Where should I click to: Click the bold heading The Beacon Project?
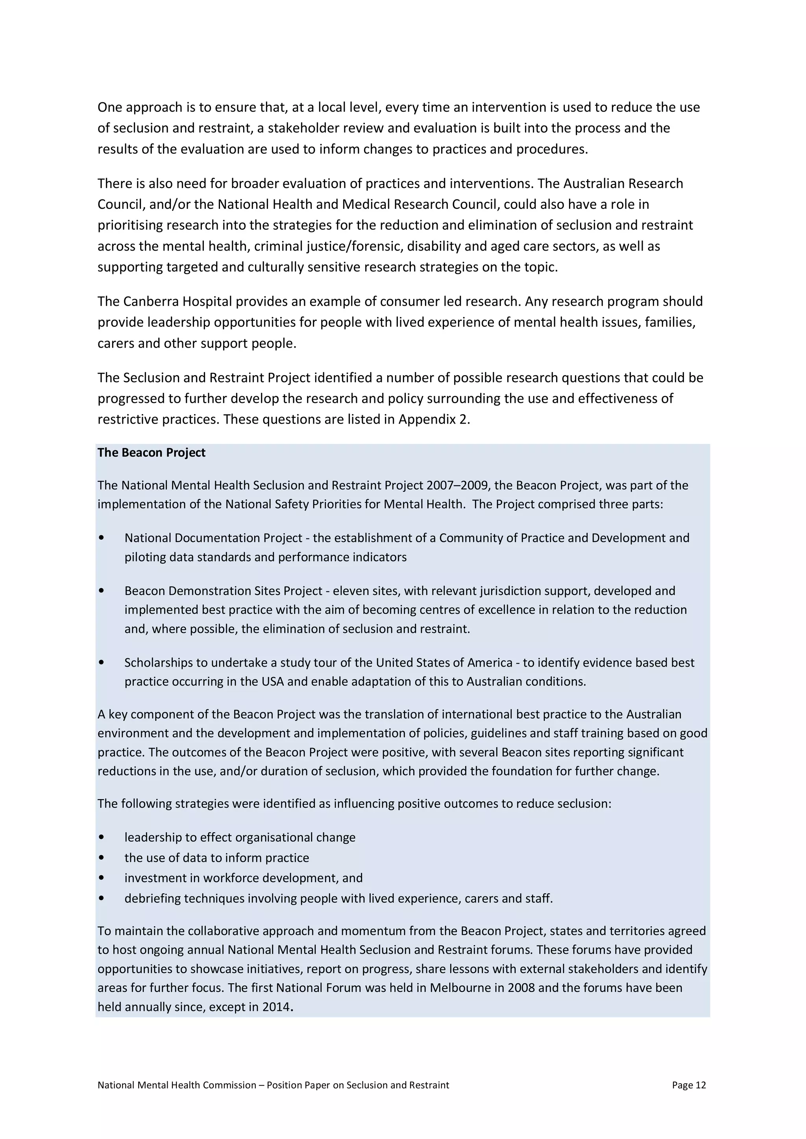[152, 452]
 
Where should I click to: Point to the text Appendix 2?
[434, 419]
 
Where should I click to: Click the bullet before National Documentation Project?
[102, 538]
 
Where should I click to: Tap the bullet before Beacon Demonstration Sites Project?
[102, 591]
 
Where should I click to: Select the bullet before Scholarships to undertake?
[102, 663]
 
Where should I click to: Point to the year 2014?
[275, 1007]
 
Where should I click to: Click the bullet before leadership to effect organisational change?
[102, 837]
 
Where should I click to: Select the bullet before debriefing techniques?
[102, 898]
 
